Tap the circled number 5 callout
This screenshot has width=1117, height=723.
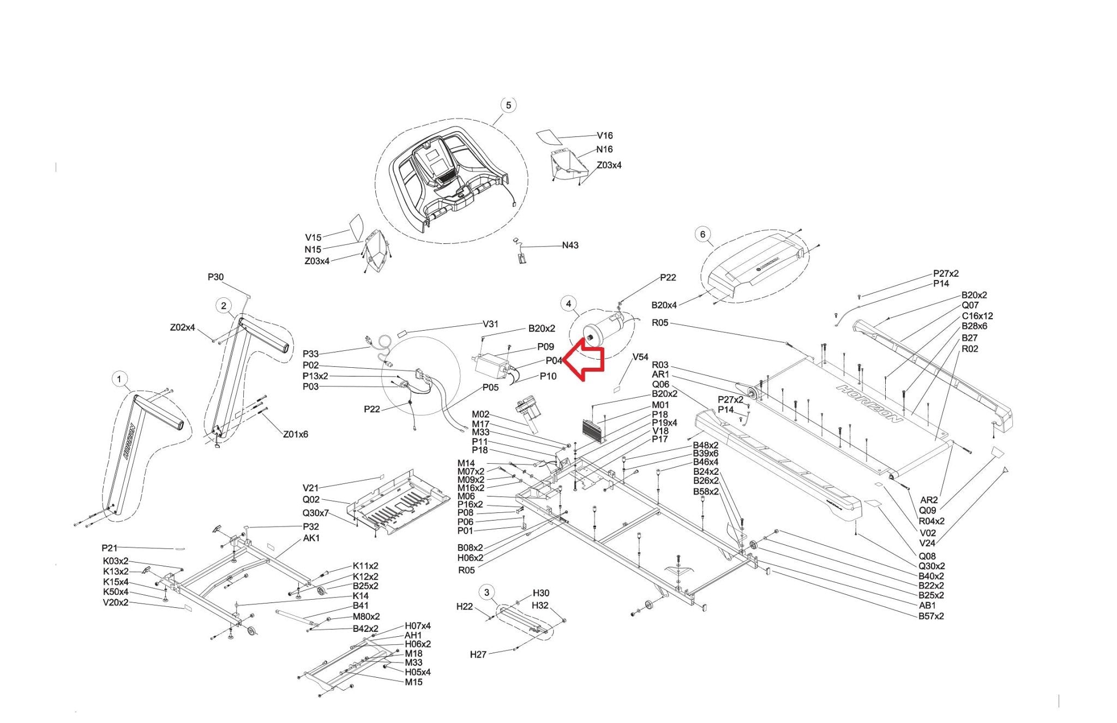(x=508, y=105)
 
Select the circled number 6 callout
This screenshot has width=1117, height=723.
(x=702, y=235)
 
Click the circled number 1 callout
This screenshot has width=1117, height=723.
(x=119, y=379)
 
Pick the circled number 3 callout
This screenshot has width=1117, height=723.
(x=487, y=593)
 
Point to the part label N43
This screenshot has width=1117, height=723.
(x=570, y=246)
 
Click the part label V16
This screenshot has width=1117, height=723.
(x=604, y=136)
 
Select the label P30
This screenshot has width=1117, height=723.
(x=215, y=277)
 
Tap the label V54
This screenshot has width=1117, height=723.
(x=640, y=357)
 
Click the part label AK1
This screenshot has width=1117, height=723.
(x=311, y=538)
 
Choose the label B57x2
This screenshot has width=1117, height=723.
(x=931, y=616)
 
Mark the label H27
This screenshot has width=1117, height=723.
(x=478, y=654)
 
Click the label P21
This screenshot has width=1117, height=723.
(x=109, y=548)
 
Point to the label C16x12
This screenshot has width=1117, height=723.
(x=977, y=316)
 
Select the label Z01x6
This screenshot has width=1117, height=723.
(x=295, y=434)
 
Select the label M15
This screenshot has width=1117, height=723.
(x=413, y=682)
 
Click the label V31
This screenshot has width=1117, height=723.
(x=490, y=324)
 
